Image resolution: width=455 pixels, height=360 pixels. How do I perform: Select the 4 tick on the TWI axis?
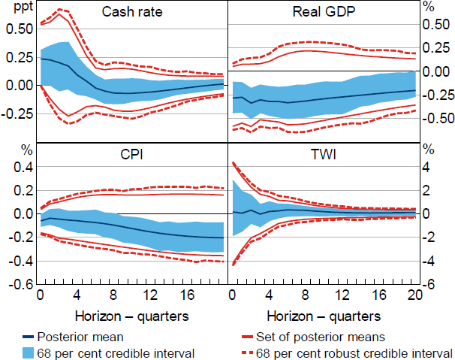(x=431, y=167)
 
